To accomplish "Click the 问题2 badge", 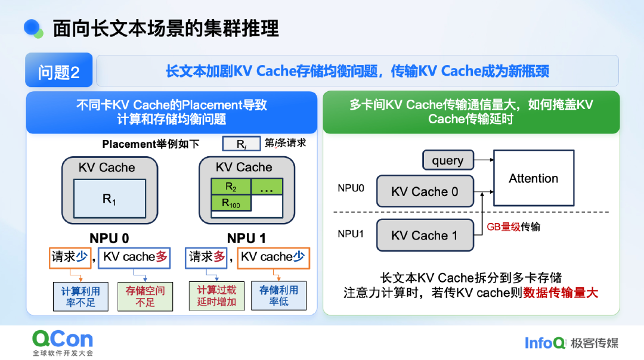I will pos(58,72).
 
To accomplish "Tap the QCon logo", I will pos(63,339).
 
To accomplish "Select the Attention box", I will pos(533,178).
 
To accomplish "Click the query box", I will pos(448,160).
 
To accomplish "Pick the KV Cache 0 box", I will pos(425,191).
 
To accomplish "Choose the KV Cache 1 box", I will pos(425,235).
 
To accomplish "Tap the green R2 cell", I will pos(231,187).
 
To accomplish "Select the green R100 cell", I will pos(231,203).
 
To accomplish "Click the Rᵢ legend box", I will pos(241,144).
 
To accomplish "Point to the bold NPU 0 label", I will pos(109,238).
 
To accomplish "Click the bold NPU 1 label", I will pos(246,238).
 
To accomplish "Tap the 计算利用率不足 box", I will pos(80,296).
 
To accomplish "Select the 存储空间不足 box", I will pos(145,296).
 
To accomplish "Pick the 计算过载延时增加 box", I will pos(216,296).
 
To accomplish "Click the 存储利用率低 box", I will pos(278,296).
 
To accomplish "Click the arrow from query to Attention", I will pos(484,160).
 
